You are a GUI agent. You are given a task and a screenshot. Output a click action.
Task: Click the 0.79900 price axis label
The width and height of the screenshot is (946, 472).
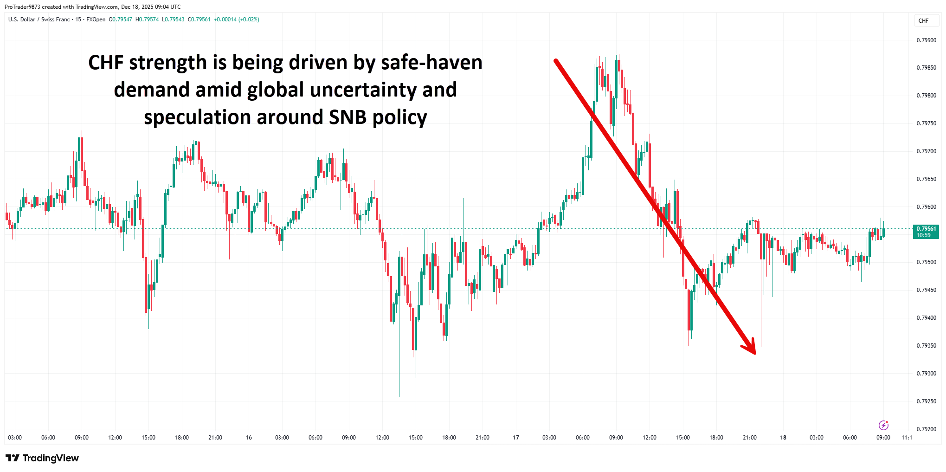pos(926,40)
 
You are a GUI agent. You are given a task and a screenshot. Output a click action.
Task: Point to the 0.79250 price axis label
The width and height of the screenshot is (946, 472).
pos(926,401)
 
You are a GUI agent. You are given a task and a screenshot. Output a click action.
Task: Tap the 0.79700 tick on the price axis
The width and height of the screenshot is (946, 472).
pos(926,151)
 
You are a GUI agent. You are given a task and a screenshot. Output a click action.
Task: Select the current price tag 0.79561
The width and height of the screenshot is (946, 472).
pos(926,229)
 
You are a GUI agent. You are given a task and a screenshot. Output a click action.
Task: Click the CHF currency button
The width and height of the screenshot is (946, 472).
pos(923,21)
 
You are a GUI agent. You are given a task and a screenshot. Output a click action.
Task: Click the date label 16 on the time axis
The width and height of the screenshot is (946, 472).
pos(249,438)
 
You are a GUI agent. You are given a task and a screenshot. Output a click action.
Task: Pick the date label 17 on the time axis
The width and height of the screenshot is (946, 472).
pos(516,438)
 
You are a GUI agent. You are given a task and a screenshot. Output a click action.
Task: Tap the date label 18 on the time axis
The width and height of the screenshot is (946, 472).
pos(783,438)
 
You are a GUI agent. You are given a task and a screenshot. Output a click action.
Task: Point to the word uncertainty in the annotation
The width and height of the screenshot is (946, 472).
pos(363,90)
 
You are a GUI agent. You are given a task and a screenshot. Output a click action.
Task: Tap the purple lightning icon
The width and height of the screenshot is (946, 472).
pos(883,425)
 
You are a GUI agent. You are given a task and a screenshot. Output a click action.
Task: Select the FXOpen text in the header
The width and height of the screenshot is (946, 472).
pos(96,19)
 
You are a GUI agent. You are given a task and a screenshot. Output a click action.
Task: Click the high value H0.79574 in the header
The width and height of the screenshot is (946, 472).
pos(147,19)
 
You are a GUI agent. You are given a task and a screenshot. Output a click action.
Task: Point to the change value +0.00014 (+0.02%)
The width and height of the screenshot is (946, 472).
pos(237,19)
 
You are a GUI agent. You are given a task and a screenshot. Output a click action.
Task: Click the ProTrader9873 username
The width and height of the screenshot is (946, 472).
pos(22,7)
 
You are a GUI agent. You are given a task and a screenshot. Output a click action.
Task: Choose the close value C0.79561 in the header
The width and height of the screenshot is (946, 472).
pos(199,19)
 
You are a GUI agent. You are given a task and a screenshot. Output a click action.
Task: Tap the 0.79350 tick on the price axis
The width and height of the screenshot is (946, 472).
pos(926,346)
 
